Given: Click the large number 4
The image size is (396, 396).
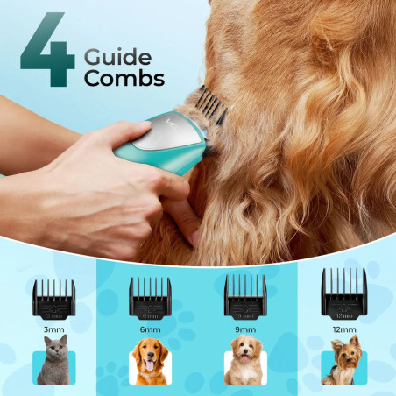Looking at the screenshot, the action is [x=48, y=50].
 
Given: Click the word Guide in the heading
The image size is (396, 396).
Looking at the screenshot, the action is [x=117, y=57].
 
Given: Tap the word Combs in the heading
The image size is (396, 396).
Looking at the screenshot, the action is [x=124, y=78].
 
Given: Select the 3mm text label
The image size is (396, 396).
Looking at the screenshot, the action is [x=53, y=329].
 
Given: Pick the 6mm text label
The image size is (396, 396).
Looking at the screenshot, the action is [x=150, y=329].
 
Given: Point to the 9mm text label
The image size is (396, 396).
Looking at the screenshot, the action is [x=245, y=329].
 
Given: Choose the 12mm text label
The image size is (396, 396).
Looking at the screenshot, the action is [x=344, y=329].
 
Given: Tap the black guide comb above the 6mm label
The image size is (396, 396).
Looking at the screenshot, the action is [x=150, y=298].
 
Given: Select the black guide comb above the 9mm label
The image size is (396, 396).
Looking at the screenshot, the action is [x=245, y=297].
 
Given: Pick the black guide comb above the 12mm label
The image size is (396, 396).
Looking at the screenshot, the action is [x=344, y=293].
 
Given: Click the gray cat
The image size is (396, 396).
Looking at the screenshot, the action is [x=54, y=360].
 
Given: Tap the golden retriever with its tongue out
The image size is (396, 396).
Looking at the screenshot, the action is [x=150, y=362].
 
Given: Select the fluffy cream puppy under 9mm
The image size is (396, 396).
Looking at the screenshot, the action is [x=244, y=360].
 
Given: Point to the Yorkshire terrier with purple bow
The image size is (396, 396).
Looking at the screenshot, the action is [x=343, y=360].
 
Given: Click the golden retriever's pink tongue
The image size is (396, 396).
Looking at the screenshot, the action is [x=150, y=365].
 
